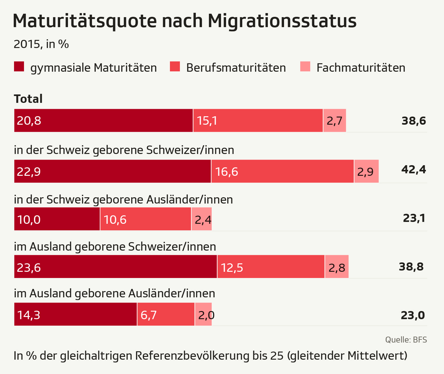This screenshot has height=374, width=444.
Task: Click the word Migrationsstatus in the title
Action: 282,21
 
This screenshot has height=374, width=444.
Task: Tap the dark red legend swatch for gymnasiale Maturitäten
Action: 19,67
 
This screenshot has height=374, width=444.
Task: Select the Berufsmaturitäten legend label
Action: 236,68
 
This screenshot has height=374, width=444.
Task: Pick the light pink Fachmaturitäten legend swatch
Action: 305,67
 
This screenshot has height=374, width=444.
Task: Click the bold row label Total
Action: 28,99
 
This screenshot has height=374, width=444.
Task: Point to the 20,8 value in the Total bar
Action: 29,121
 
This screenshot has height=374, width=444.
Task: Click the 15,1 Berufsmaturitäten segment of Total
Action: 258,121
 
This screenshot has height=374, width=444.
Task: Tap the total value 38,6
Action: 413,121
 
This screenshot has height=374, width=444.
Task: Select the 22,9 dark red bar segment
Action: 112,171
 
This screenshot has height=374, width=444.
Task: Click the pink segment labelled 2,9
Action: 366,171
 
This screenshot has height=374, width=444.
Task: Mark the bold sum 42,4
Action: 413,170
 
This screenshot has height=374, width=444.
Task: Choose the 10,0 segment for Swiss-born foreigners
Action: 57,219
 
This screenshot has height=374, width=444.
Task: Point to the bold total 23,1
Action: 414,218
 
